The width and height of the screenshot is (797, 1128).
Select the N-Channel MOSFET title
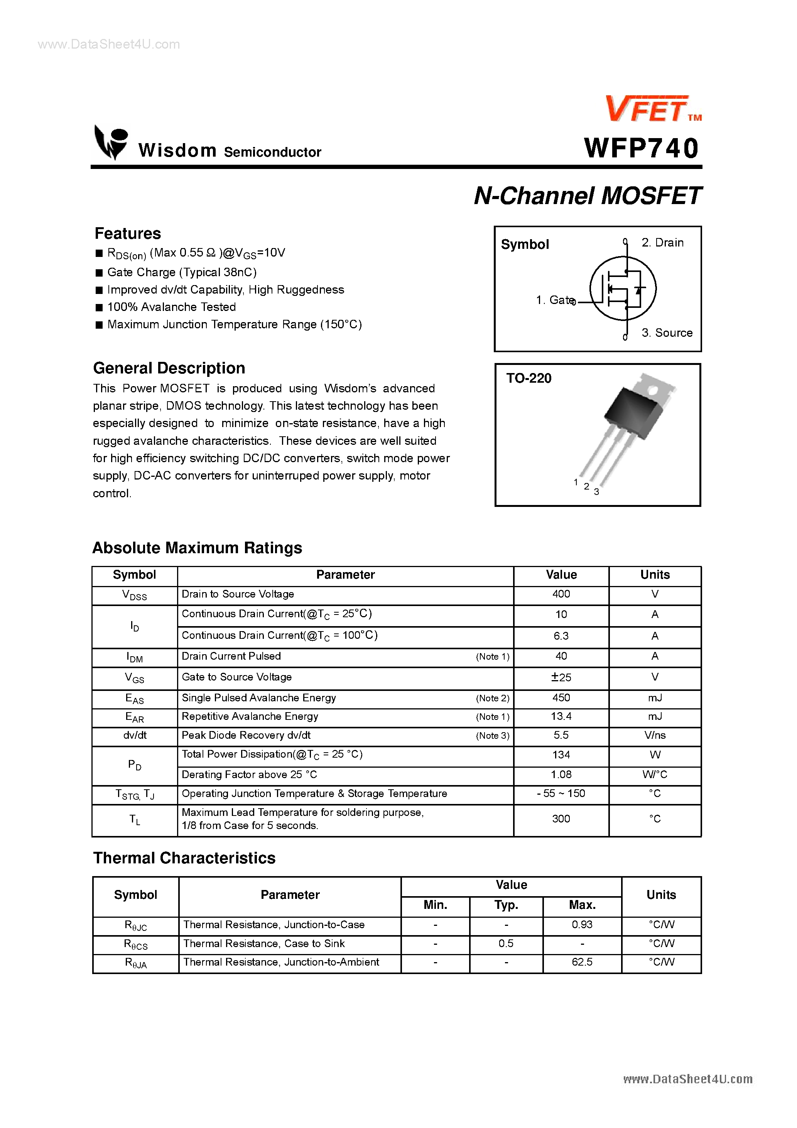(587, 196)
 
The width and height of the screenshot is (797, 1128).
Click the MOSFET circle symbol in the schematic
(623, 289)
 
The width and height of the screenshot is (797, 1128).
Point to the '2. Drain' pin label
(662, 243)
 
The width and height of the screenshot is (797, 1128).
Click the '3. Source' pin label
(667, 333)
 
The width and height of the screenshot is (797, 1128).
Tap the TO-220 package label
(529, 378)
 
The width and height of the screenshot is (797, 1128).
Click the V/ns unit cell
(655, 735)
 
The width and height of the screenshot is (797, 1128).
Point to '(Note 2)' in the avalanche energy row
(492, 698)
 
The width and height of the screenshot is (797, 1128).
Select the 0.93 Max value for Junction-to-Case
(582, 925)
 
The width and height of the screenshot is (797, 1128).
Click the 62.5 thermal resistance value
(582, 962)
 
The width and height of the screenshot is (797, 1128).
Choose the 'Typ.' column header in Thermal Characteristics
(506, 905)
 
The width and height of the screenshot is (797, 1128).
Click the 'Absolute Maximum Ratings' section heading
(197, 548)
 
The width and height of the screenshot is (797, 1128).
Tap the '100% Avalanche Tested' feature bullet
(172, 307)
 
